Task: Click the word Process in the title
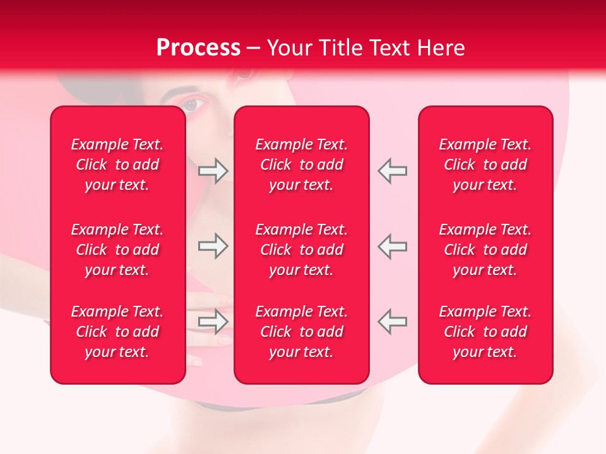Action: click(x=198, y=48)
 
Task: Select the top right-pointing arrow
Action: click(x=213, y=171)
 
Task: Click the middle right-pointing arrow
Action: click(x=213, y=246)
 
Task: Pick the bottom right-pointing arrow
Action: click(x=213, y=322)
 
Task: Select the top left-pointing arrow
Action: click(x=392, y=171)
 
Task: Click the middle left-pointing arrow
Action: click(x=392, y=246)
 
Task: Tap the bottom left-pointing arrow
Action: click(x=392, y=322)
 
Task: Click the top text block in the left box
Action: click(x=117, y=165)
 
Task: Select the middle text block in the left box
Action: click(x=117, y=250)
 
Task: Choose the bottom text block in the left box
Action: click(x=117, y=332)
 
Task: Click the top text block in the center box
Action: click(x=301, y=165)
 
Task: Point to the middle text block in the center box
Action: click(x=301, y=250)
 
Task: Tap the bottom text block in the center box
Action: click(x=301, y=332)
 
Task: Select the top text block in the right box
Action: click(x=485, y=165)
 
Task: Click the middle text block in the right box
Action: click(x=485, y=250)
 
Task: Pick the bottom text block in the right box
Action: click(x=485, y=332)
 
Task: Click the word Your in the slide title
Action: click(x=289, y=48)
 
